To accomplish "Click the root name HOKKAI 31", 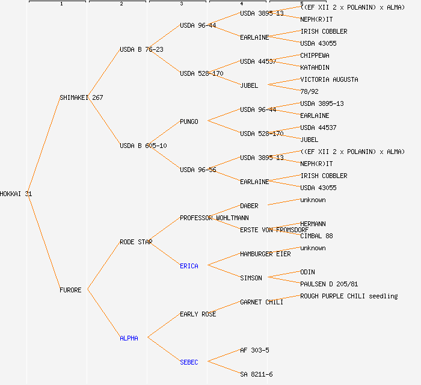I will click(16, 194).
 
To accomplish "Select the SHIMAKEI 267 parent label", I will click(81, 97).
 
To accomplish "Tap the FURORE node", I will click(70, 290).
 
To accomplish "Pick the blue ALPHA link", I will click(129, 338).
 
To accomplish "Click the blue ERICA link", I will click(189, 266).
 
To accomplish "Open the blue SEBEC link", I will click(189, 362).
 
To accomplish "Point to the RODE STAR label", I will click(136, 242).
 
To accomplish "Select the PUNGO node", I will click(189, 122).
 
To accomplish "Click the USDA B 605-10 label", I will click(143, 146).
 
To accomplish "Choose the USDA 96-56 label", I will click(198, 170).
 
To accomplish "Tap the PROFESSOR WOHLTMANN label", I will click(214, 218).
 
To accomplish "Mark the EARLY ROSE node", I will click(198, 314).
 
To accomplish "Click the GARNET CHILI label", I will click(262, 302).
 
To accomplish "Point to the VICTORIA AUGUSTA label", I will click(329, 79).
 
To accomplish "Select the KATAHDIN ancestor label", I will click(315, 67).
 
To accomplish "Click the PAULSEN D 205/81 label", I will click(329, 284).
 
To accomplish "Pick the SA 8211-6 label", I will click(256, 374).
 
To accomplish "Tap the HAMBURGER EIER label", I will click(265, 254).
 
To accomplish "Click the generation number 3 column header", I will click(181, 4).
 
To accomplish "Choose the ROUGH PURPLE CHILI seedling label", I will click(349, 296).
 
